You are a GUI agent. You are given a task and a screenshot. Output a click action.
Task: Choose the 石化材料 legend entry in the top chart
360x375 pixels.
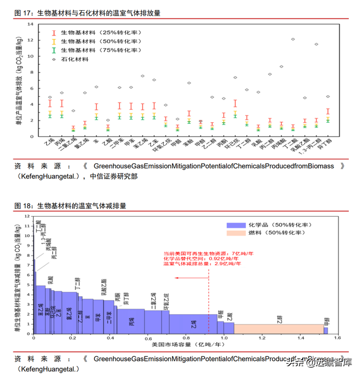pos(76,58)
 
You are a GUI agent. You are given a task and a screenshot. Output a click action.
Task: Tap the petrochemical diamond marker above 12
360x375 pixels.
pos(293,39)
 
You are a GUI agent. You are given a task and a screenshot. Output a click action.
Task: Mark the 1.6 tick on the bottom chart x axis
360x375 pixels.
pos(338,338)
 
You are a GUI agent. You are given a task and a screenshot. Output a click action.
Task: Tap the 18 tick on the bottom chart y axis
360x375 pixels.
pos(29,217)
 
